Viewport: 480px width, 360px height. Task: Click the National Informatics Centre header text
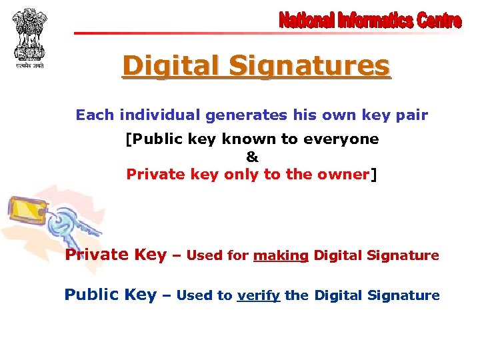tap(370, 21)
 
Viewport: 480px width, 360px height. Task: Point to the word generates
tap(257, 115)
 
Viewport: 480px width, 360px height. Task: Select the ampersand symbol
tap(251, 157)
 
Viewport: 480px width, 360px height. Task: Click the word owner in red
tap(346, 175)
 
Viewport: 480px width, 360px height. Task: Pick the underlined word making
tap(281, 255)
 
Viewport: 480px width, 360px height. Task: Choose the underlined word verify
tap(258, 295)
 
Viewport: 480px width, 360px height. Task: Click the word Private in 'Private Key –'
tap(97, 255)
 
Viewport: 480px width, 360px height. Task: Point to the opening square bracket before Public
tap(129, 139)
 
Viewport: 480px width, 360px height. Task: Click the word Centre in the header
tap(439, 21)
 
